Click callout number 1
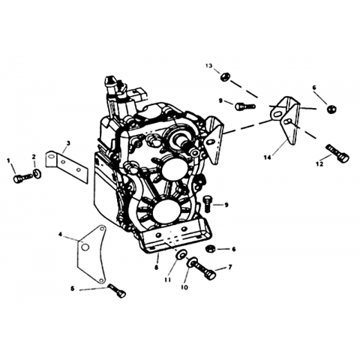click(9, 160)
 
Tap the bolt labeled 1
click(22, 178)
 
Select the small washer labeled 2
click(37, 173)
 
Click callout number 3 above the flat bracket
click(68, 143)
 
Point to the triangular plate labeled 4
click(91, 254)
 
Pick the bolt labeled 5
click(117, 291)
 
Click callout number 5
click(73, 289)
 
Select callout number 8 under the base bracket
click(157, 268)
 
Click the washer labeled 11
click(180, 255)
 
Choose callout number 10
click(184, 287)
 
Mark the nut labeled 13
click(223, 76)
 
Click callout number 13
click(209, 66)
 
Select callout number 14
click(267, 157)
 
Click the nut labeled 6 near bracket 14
click(332, 109)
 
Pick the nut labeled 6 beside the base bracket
click(209, 249)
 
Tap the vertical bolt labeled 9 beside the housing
click(207, 204)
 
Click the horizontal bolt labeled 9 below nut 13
click(245, 106)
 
